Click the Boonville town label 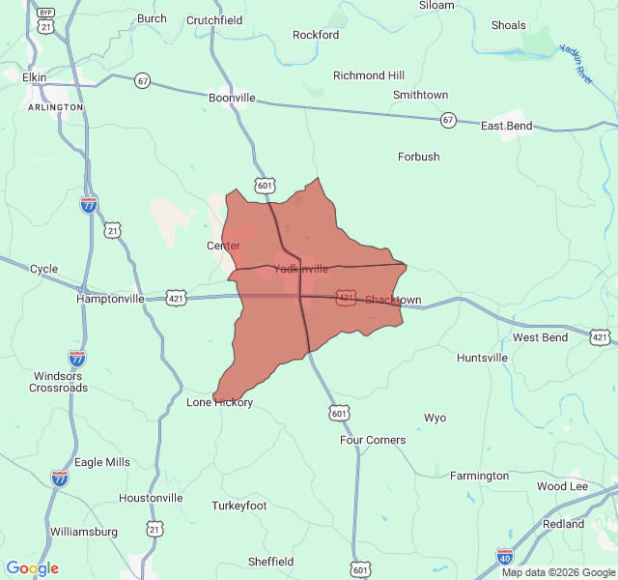[x=232, y=98]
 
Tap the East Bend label [x=506, y=126]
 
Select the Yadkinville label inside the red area [x=300, y=269]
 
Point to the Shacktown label [x=393, y=301]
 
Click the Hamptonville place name [x=110, y=300]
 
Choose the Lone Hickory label [x=219, y=402]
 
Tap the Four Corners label [x=373, y=440]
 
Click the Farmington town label [x=479, y=476]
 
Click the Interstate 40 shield [x=504, y=556]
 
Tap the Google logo [x=32, y=568]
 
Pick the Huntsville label [x=482, y=358]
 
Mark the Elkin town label [x=34, y=77]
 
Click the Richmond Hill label [x=369, y=75]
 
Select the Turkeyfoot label [x=239, y=506]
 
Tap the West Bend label [x=540, y=337]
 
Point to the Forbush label [x=418, y=157]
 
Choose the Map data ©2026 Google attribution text [x=557, y=572]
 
